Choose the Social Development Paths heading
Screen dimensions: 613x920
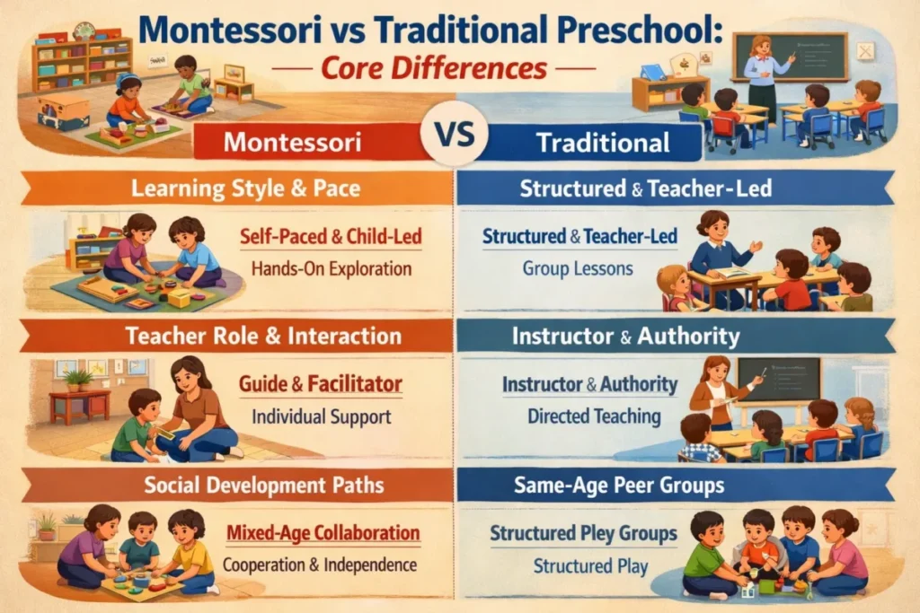(x=243, y=486)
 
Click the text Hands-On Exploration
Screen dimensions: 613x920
(x=332, y=267)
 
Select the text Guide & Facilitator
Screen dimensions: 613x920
(x=320, y=385)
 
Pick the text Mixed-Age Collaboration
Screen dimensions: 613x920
(x=323, y=534)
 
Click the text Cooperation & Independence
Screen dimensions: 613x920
(x=320, y=565)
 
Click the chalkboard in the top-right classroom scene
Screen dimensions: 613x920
(x=791, y=57)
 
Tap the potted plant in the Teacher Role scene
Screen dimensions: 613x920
(x=79, y=380)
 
